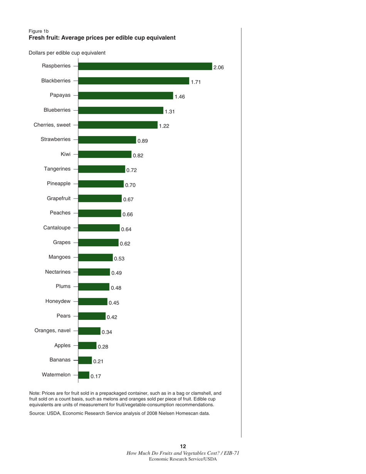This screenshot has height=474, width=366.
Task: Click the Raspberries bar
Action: [145, 66]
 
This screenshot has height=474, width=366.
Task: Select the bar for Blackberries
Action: [133, 81]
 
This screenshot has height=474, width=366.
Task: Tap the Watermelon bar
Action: [84, 375]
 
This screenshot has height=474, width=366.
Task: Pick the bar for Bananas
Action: [85, 360]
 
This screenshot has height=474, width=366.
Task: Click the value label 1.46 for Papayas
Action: [180, 97]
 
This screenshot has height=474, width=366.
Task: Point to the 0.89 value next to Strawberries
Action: [143, 141]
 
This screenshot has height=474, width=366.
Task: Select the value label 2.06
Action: [218, 67]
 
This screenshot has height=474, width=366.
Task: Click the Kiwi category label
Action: [65, 154]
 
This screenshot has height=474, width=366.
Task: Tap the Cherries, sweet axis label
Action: [52, 125]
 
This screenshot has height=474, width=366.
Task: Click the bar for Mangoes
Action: [96, 257]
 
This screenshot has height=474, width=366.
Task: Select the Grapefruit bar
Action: [100, 198]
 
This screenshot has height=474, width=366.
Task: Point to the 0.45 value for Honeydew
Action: [114, 303]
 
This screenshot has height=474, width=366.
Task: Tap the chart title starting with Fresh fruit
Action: [102, 38]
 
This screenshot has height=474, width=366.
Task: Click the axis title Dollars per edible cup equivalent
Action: [67, 52]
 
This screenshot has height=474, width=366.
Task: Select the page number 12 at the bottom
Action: [183, 446]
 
